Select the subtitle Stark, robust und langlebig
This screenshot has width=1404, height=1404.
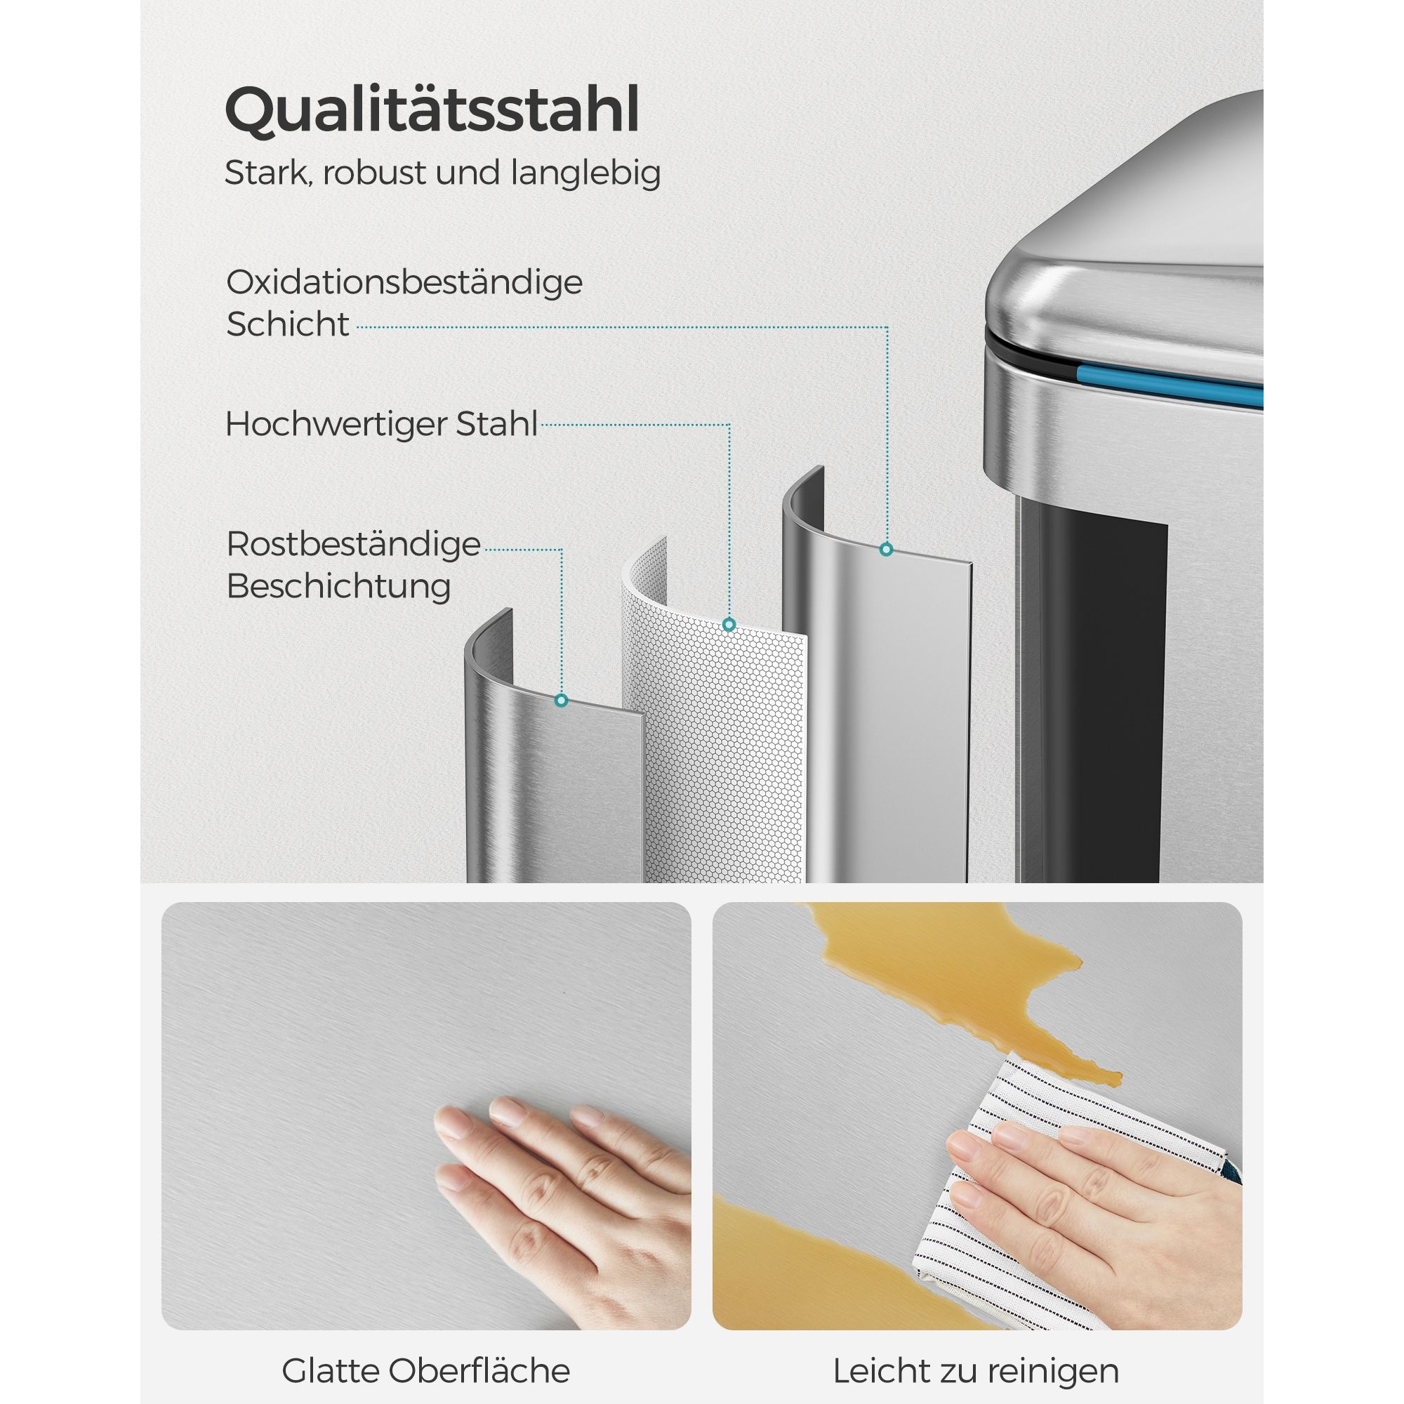(x=442, y=173)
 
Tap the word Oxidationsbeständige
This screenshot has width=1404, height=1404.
(x=404, y=283)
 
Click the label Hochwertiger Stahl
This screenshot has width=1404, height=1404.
(x=381, y=425)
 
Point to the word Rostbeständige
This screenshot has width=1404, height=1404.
(x=354, y=544)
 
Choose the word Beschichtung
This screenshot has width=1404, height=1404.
(x=338, y=585)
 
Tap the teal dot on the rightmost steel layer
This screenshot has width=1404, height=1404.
(x=886, y=550)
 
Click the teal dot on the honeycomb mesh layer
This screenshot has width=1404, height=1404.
(x=729, y=624)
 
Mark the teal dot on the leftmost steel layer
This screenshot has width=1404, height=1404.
(x=561, y=701)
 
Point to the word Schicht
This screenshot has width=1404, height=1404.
(x=288, y=324)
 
